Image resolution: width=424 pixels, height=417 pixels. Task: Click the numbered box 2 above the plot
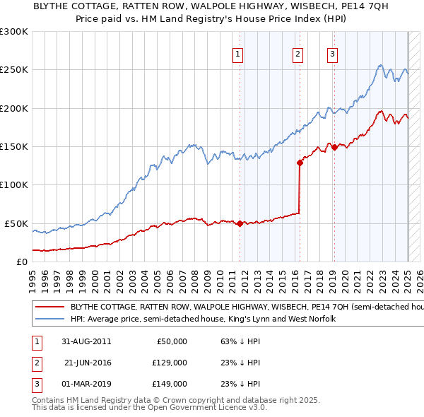point(298,54)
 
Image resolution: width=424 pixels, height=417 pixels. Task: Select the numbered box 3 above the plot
point(332,54)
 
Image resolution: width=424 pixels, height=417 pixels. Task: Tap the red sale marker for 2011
point(240,223)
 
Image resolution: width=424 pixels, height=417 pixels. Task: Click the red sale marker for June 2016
point(300,163)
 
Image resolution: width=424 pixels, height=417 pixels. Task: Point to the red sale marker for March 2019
point(334,147)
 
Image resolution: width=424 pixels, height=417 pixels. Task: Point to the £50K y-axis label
point(17,223)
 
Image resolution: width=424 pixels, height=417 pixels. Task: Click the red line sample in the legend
point(49,308)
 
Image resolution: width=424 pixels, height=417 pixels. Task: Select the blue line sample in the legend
point(49,319)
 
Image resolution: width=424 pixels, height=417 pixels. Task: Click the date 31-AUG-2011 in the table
point(87,341)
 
